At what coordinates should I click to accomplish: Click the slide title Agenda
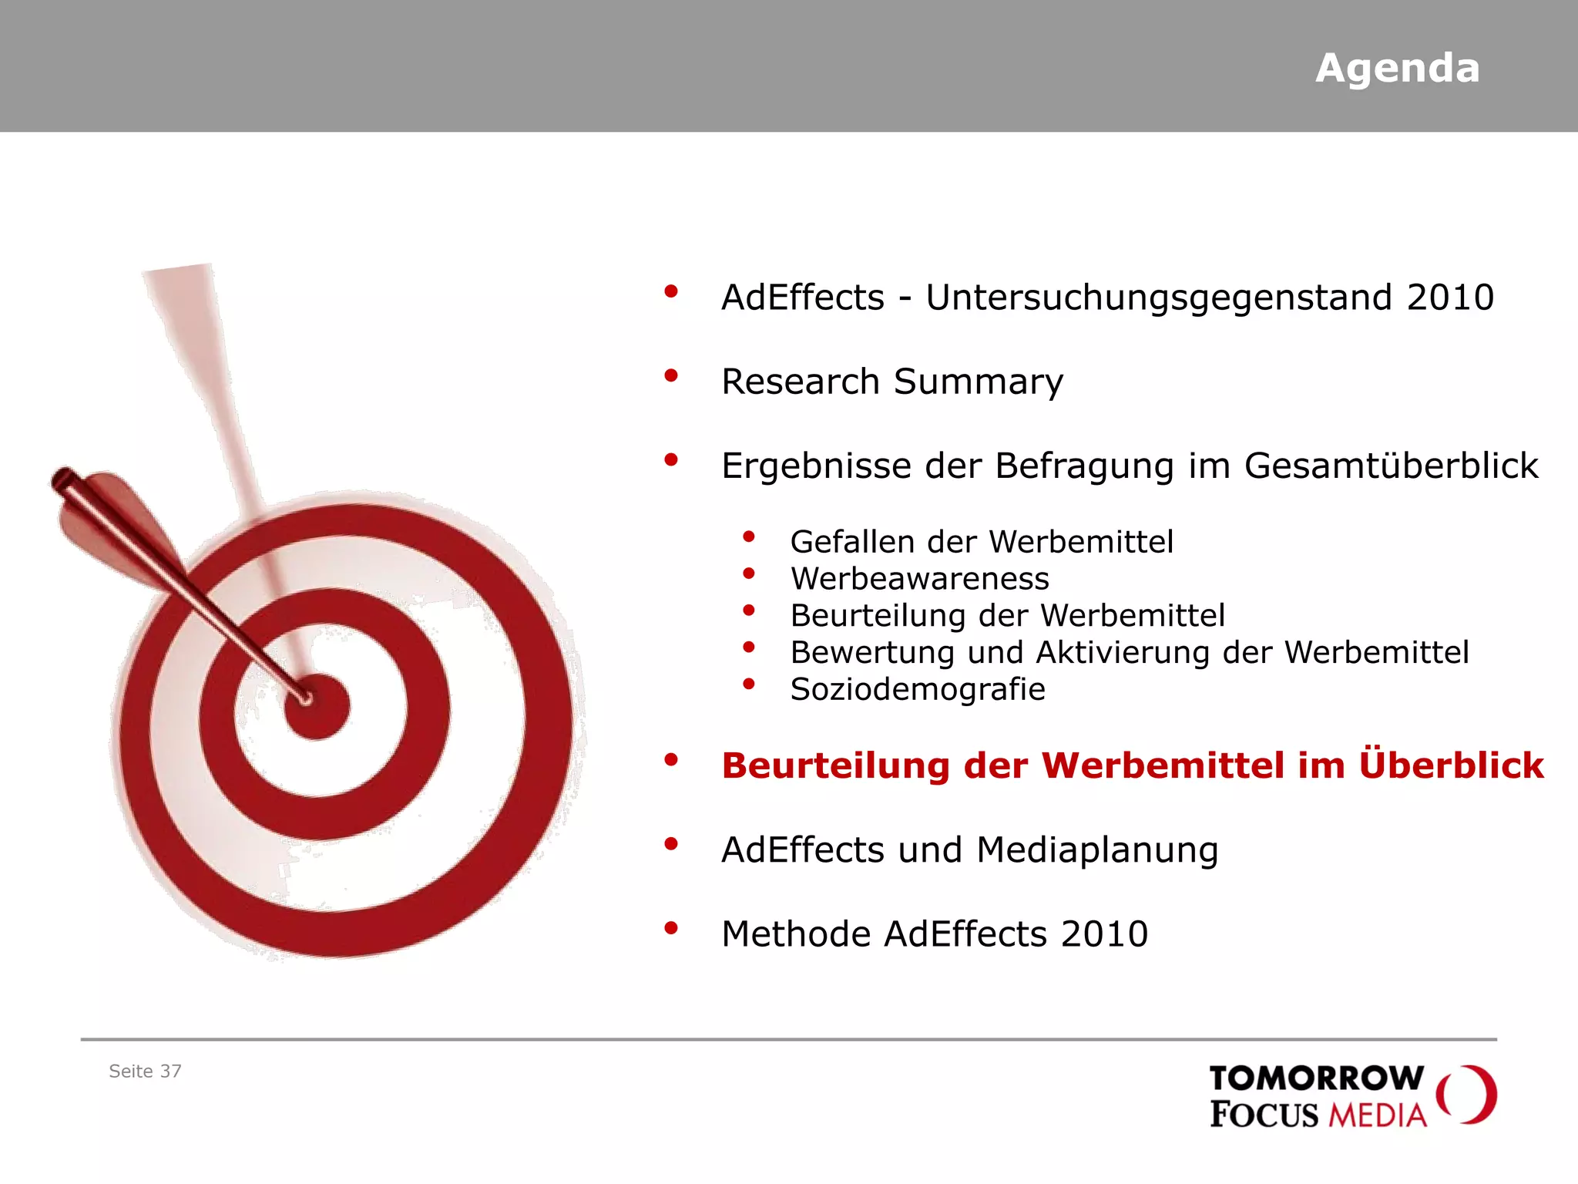coord(1397,68)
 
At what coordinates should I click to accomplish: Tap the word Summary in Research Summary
coord(978,382)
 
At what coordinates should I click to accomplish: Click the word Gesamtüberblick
coord(1391,466)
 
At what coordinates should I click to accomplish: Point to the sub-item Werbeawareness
coord(919,579)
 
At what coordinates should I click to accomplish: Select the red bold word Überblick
coord(1452,765)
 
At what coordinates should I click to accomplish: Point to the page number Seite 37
coord(145,1071)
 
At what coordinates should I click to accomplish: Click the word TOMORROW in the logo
coord(1316,1078)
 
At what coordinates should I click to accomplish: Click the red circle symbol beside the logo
coord(1467,1095)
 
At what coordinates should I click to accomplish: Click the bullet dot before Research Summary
coord(671,376)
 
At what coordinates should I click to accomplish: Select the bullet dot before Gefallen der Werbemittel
coord(748,536)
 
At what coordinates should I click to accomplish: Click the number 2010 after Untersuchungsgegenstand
coord(1450,298)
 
